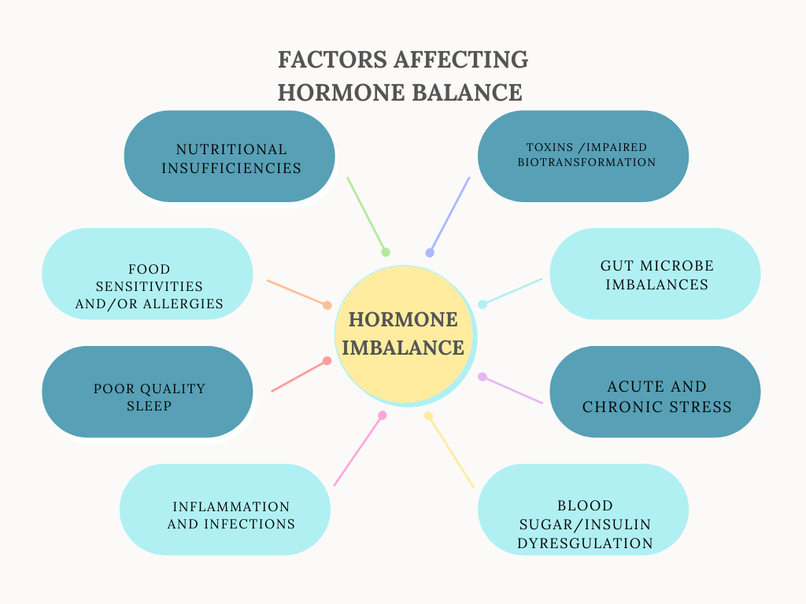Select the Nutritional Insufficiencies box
click(x=230, y=157)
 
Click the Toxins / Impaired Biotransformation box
click(x=583, y=156)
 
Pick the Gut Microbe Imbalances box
click(x=655, y=274)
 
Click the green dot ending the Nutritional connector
click(x=386, y=252)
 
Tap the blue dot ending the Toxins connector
click(x=430, y=252)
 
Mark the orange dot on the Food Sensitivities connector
click(x=327, y=305)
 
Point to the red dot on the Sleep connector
click(x=327, y=361)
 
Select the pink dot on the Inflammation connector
click(x=383, y=415)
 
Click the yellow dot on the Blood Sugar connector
click(x=428, y=415)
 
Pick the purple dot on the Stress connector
click(x=482, y=377)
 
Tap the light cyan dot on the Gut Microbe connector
click(x=482, y=304)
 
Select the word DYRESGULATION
click(x=585, y=543)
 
